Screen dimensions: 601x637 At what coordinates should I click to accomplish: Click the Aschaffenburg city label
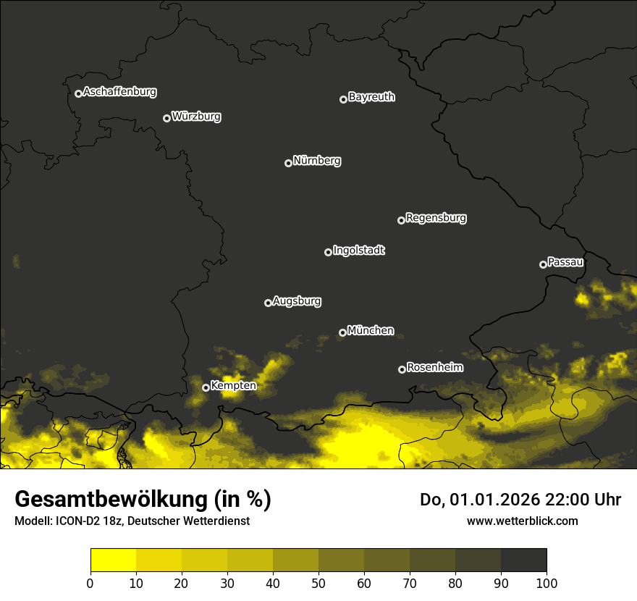point(119,92)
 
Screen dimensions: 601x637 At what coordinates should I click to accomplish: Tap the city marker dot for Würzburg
point(166,118)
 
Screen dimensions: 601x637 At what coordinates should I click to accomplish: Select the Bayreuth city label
point(371,97)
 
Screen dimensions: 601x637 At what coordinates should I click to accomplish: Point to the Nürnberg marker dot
point(288,163)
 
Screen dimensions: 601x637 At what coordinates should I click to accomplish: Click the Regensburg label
point(436,218)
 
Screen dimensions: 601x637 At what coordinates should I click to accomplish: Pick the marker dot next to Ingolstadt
point(328,252)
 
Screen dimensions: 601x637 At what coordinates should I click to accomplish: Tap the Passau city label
point(565,262)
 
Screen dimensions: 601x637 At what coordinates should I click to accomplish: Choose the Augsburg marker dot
point(268,303)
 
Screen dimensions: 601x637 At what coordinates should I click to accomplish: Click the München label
point(371,331)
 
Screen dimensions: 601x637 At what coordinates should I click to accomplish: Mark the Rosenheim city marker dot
point(402,369)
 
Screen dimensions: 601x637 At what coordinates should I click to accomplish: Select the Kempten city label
point(233,386)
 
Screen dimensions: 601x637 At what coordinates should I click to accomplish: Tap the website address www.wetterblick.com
point(522,521)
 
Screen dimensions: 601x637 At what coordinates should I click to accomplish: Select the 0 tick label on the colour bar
point(90,582)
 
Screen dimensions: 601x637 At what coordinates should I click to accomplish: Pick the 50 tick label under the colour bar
point(318,582)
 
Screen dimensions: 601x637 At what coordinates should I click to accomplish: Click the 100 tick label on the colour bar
point(547,582)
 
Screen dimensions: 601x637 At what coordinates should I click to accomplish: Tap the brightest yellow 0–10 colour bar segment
point(113,560)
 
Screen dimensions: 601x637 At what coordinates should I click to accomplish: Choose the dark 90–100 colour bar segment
point(523,560)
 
